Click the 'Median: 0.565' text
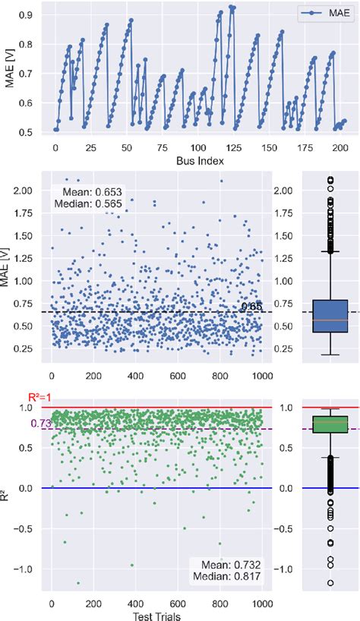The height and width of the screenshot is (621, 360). point(86,204)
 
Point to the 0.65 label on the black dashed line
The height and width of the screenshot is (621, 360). point(251,306)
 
